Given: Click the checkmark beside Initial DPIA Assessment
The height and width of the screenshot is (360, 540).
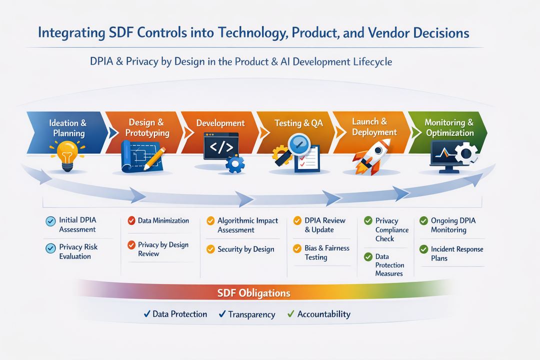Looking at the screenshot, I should (50, 220).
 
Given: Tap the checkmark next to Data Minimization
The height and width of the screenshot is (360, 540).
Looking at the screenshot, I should (131, 220).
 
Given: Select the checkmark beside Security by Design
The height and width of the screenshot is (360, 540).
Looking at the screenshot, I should (210, 249).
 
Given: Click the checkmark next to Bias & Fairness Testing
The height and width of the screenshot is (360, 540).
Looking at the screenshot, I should (297, 248).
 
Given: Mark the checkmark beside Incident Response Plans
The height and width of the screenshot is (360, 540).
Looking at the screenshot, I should (423, 249).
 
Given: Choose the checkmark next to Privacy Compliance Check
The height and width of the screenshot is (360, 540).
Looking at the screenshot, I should (368, 220).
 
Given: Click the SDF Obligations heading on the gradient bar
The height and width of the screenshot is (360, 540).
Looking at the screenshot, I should (253, 292).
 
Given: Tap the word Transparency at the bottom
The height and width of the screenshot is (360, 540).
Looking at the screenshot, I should (251, 314).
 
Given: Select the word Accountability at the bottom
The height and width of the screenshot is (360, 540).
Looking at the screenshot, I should (323, 314).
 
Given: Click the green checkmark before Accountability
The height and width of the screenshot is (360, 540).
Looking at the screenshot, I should (290, 314).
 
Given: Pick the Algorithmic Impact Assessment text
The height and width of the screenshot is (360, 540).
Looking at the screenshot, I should (247, 225).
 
